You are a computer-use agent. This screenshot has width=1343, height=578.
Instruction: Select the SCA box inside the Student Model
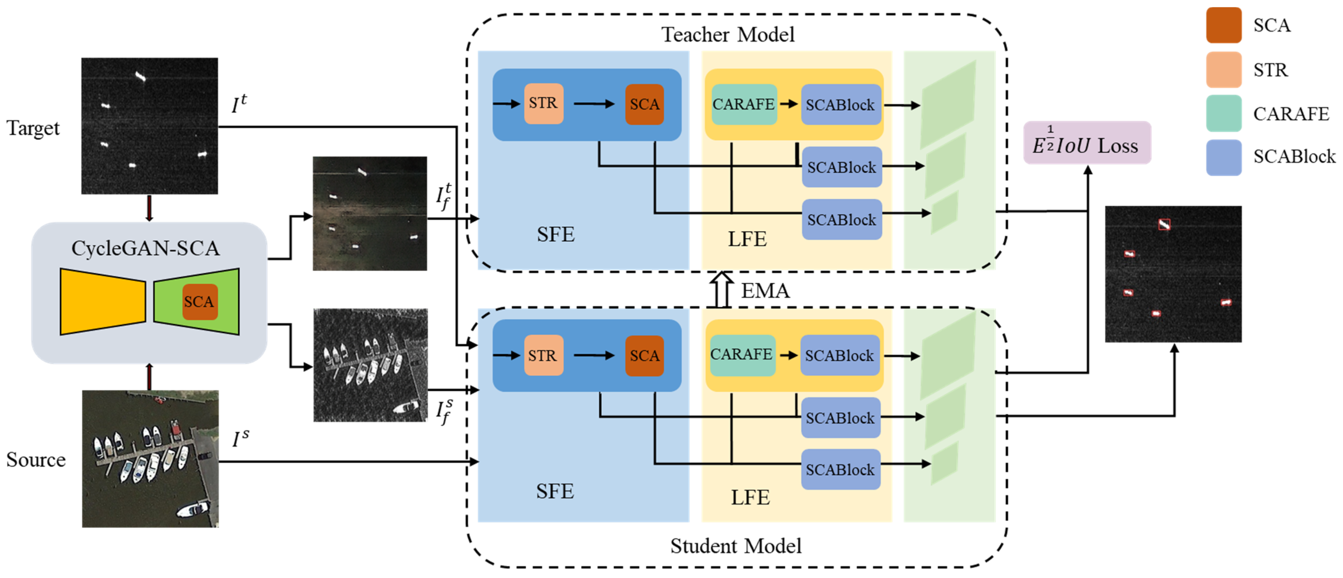(x=644, y=355)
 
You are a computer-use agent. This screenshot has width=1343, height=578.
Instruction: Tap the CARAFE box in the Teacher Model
(x=744, y=104)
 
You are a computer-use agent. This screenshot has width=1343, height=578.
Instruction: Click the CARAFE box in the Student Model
(x=742, y=355)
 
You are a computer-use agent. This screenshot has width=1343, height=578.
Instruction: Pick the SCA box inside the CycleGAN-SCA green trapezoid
(x=199, y=302)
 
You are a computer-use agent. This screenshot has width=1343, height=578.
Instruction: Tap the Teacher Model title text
(x=728, y=34)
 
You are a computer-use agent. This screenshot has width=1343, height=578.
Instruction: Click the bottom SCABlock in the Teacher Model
(x=841, y=219)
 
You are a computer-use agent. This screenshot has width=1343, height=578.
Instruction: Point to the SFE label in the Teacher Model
(x=556, y=234)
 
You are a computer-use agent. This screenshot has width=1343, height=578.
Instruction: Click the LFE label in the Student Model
(x=750, y=497)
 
